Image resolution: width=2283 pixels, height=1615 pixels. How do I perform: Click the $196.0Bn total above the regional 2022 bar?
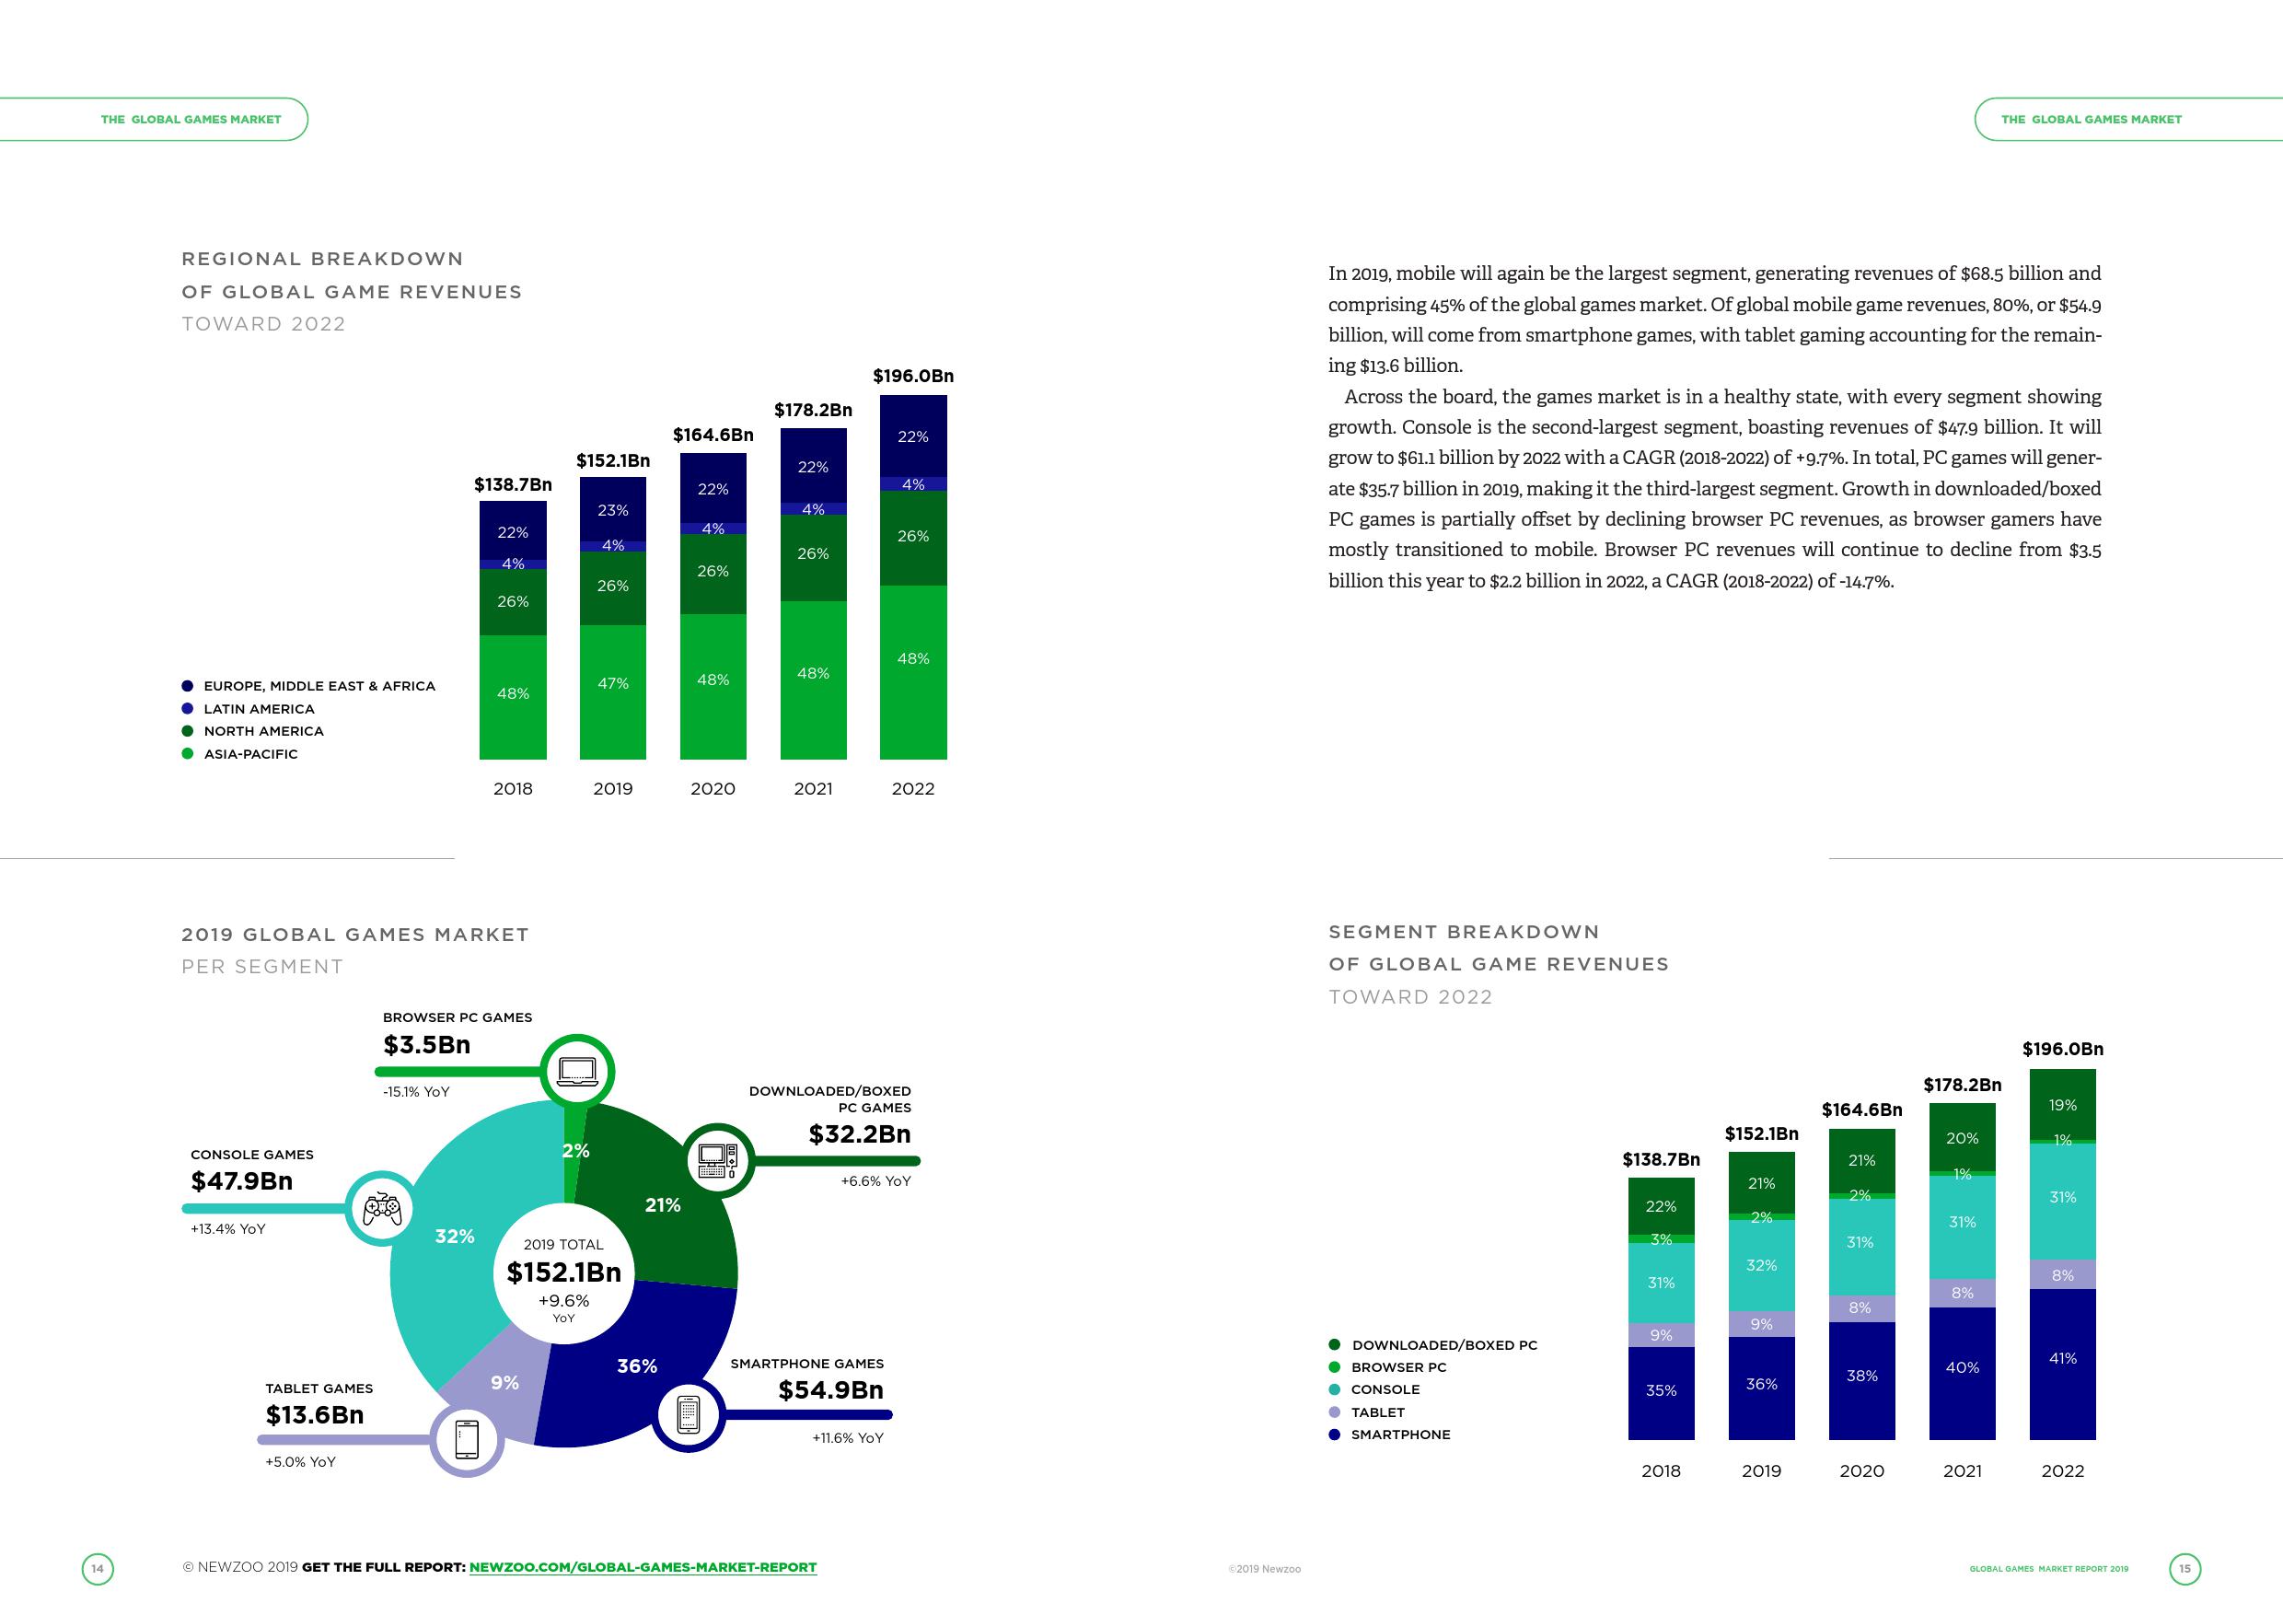coord(913,376)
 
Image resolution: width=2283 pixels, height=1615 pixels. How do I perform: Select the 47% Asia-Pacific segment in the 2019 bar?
coord(612,684)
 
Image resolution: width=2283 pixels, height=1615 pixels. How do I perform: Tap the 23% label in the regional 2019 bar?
coord(612,510)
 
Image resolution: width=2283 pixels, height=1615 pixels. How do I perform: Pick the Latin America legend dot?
coord(187,709)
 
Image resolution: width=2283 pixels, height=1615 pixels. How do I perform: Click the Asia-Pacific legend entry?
coord(249,754)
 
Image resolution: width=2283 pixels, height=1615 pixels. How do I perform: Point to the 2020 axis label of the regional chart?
coord(713,788)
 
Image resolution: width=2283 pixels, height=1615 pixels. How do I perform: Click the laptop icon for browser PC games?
coord(576,1071)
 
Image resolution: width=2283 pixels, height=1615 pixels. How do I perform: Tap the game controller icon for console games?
coord(382,1209)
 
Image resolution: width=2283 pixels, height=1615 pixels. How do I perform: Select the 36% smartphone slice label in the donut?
coord(636,1366)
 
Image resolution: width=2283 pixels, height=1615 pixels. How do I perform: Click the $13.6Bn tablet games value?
coord(314,1415)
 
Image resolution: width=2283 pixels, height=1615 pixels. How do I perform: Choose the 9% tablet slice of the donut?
coord(504,1382)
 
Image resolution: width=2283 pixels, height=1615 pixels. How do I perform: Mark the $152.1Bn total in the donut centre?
coord(563,1272)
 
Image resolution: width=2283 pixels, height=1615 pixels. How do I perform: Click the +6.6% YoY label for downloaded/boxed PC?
coord(875,1181)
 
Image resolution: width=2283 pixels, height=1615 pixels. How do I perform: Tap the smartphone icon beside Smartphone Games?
coord(688,1414)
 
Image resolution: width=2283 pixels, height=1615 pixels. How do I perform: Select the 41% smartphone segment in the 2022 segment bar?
coord(2062,1358)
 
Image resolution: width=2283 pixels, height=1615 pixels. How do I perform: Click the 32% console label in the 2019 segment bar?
coord(1761,1265)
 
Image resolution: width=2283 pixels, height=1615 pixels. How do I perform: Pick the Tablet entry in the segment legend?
coord(1377,1412)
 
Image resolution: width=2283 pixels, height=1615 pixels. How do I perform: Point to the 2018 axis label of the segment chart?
coord(1661,1470)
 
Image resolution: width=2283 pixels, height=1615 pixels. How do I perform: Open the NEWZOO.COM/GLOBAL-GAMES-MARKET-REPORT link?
coord(643,1567)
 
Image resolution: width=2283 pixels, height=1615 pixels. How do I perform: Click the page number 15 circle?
coord(2184,1568)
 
